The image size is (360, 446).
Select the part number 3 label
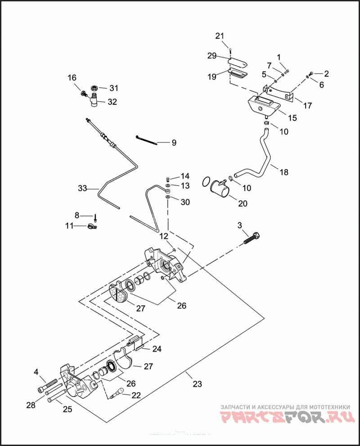pyautogui.click(x=239, y=225)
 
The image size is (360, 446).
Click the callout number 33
pyautogui.click(x=82, y=189)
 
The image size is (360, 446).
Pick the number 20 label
pyautogui.click(x=243, y=203)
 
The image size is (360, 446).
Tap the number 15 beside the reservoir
pyautogui.click(x=292, y=118)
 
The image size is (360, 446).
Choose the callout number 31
pyautogui.click(x=113, y=88)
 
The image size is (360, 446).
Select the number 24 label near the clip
pyautogui.click(x=156, y=348)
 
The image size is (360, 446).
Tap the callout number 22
pyautogui.click(x=135, y=395)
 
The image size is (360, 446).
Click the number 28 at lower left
pyautogui.click(x=31, y=405)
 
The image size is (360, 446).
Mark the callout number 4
pyautogui.click(x=36, y=372)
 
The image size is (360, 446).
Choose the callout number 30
pyautogui.click(x=185, y=202)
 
